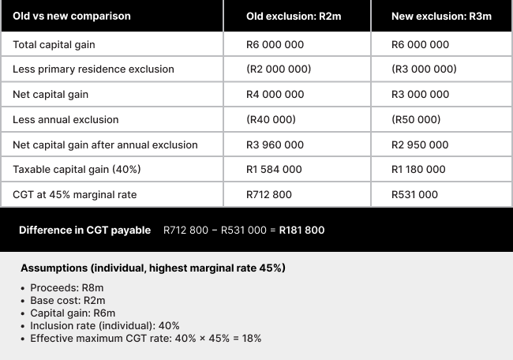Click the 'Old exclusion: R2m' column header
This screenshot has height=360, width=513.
coord(294,16)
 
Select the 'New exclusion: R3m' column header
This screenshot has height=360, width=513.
coord(441,16)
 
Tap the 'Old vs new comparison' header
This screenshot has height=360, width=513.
coord(72,16)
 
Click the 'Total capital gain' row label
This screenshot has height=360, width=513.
coord(54,44)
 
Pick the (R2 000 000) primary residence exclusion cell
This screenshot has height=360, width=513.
coord(279,69)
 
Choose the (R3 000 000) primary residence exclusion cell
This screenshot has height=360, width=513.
coord(424,69)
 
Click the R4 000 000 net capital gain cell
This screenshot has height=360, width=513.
coord(275,95)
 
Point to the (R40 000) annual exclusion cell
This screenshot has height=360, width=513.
coord(271,120)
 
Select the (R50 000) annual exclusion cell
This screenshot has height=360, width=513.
coord(416,120)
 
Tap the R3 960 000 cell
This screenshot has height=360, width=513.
coord(275,145)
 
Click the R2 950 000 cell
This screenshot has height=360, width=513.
coord(420,145)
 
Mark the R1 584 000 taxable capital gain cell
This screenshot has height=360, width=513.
coord(274,170)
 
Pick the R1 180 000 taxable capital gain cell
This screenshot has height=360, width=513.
coord(418,170)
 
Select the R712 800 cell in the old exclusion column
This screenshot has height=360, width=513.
coord(269,195)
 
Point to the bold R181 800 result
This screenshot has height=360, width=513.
coord(301,231)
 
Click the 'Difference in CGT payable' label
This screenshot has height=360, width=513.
coord(84,231)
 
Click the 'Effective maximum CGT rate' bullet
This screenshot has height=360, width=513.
coord(145,338)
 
